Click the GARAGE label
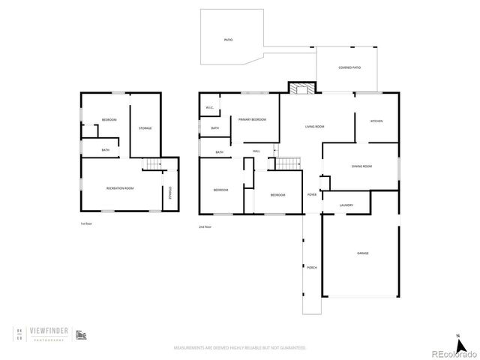click(362, 253)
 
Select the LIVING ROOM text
click(314, 127)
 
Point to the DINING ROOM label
click(361, 166)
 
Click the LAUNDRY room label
click(346, 205)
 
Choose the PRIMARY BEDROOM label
click(253, 120)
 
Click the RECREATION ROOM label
click(119, 187)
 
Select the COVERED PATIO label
click(349, 67)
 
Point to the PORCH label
click(311, 268)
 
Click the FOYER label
click(312, 194)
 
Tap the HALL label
click(256, 151)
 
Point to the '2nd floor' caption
click(205, 226)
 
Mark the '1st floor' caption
click(86, 223)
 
